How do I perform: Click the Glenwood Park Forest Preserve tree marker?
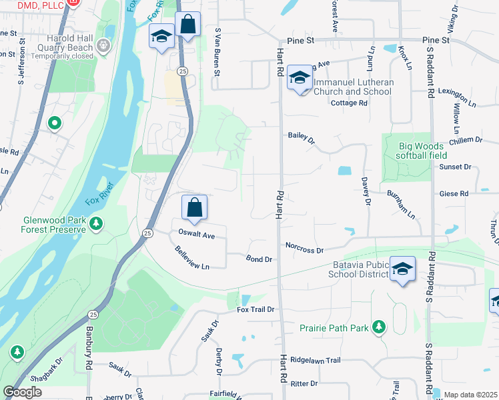tap(97, 223)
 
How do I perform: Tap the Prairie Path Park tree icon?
tap(379, 327)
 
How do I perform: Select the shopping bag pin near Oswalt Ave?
tap(194, 208)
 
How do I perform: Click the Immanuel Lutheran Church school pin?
tap(300, 79)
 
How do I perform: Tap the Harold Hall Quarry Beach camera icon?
tap(102, 46)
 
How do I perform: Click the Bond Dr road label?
tap(259, 259)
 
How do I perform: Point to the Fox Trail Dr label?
tap(256, 310)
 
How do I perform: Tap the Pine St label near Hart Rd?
tap(304, 41)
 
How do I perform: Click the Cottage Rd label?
tap(349, 103)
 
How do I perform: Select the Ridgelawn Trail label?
tap(316, 360)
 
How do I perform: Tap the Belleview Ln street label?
tap(192, 257)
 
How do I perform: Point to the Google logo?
tap(23, 392)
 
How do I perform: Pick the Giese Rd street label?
tap(454, 193)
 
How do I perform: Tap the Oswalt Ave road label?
tap(196, 235)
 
